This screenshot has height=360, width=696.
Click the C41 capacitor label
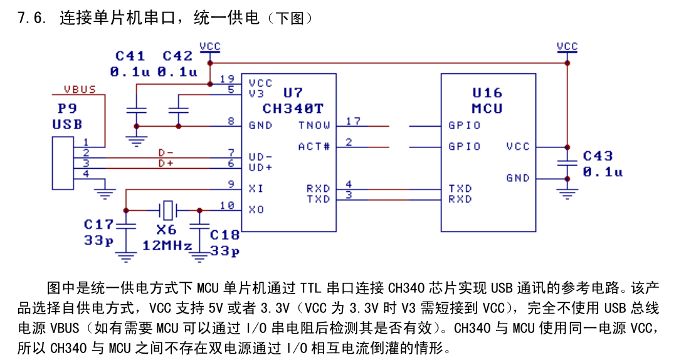tap(130, 56)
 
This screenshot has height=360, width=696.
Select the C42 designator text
tap(177, 56)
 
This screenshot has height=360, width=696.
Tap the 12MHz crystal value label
tap(167, 245)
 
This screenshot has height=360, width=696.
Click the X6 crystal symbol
tap(167, 210)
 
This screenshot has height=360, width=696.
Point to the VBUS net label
tap(80, 89)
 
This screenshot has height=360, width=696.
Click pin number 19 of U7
tap(227, 78)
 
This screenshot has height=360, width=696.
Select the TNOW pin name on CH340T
tap(314, 125)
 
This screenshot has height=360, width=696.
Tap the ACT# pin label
tap(314, 147)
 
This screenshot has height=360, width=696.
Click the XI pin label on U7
tap(256, 189)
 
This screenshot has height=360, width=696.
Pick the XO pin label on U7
tap(256, 209)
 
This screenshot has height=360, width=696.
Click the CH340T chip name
tap(293, 109)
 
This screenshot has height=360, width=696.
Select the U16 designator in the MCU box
tap(487, 93)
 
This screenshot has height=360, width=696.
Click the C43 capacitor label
tap(598, 156)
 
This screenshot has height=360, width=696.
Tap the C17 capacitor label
tap(98, 224)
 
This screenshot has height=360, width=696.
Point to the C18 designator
tap(224, 235)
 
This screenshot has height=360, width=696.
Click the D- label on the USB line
tap(166, 152)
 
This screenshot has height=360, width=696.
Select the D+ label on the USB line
tap(166, 163)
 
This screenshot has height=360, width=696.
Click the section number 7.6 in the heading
tap(32, 18)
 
